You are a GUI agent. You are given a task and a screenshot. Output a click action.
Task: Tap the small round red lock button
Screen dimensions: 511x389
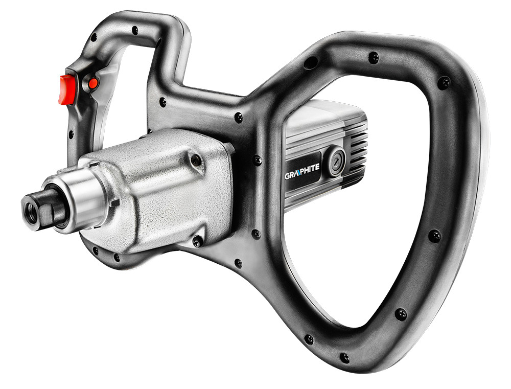pyautogui.click(x=93, y=83)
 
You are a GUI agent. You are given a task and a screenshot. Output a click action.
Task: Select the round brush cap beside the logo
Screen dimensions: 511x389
pyautogui.click(x=336, y=161)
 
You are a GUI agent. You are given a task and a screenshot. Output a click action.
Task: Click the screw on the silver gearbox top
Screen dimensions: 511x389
pyautogui.click(x=196, y=159)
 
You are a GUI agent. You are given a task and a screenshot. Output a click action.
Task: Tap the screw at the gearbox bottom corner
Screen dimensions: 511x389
pyautogui.click(x=197, y=241)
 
